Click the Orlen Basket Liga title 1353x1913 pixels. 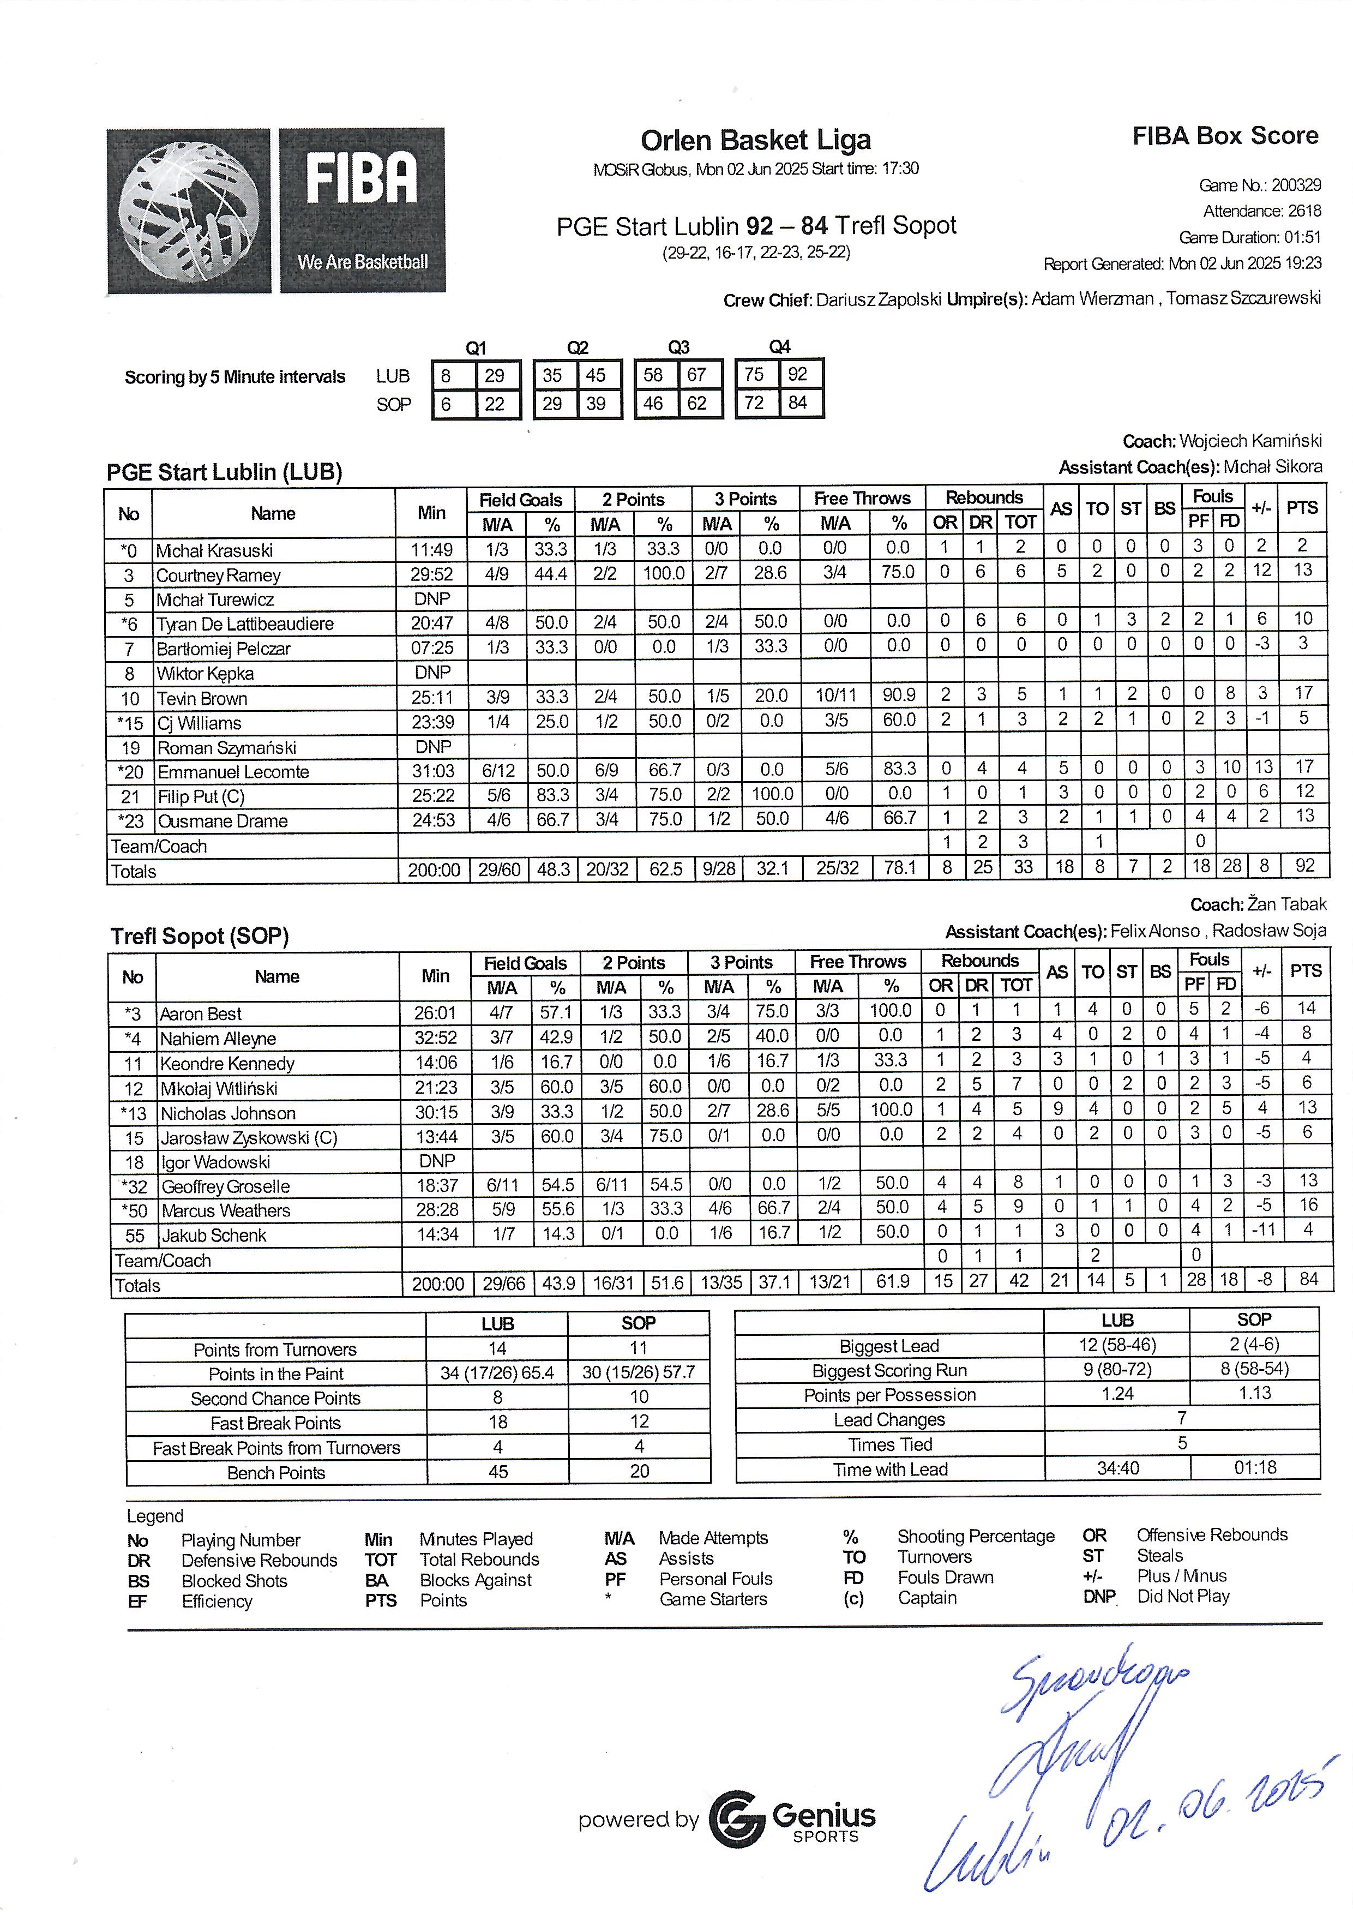[x=756, y=140]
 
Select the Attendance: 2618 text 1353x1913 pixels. [x=1261, y=211]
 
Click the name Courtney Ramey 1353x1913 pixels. [x=218, y=575]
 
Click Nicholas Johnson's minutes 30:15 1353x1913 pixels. [x=436, y=1112]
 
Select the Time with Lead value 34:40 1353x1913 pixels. [x=1117, y=1468]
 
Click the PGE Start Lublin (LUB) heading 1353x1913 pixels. [x=225, y=472]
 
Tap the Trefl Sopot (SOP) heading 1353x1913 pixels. [x=200, y=937]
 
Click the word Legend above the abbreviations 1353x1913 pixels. [x=155, y=1515]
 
